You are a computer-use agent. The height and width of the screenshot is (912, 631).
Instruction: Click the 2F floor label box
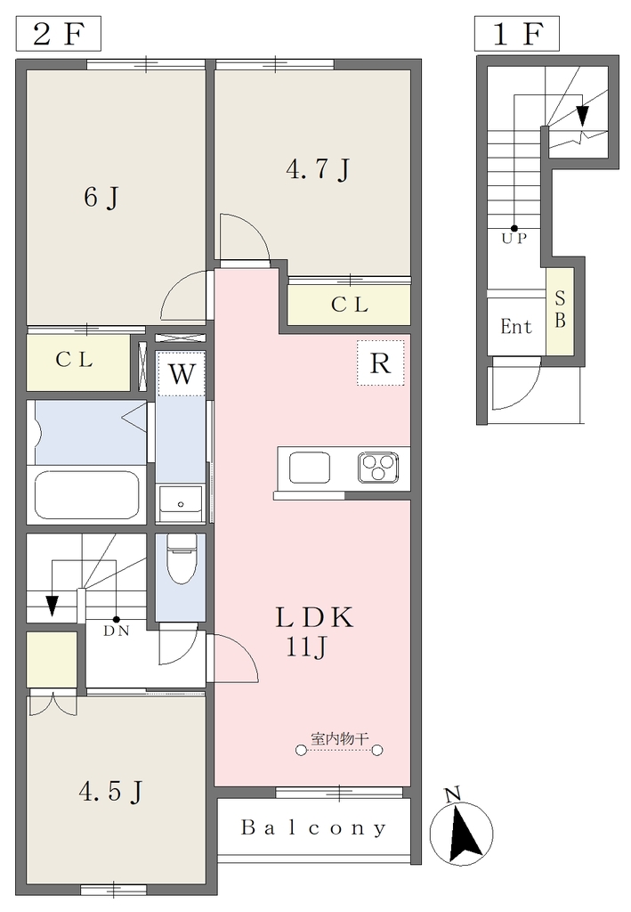pos(58,34)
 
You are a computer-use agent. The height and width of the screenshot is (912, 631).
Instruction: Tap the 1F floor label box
pos(516,34)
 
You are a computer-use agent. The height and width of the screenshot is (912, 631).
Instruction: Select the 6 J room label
pos(101,198)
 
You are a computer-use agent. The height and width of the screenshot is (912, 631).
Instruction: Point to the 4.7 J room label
pos(319,169)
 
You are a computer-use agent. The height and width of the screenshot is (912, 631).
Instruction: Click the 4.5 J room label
pos(110,792)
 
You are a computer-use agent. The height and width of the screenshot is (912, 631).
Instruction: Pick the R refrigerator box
pos(380,363)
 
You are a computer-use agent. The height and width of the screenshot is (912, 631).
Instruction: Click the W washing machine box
pos(182,373)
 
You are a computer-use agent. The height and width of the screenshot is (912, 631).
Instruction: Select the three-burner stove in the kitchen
pos(378,468)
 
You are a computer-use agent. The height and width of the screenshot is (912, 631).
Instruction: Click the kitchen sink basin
pos(310,468)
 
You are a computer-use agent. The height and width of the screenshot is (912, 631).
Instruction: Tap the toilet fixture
pos(182,558)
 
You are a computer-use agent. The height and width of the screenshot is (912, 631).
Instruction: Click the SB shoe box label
pos(560,309)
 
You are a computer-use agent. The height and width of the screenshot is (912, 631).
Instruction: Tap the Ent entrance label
pos(516,326)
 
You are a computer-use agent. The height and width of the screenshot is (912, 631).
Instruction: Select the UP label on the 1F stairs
pos(514,239)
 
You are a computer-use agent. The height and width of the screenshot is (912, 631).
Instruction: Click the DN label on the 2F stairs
pos(117,631)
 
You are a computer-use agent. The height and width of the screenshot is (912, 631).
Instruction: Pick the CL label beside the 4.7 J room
pos(350,305)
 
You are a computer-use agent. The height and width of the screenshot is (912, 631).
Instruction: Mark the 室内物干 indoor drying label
pos(339,738)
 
